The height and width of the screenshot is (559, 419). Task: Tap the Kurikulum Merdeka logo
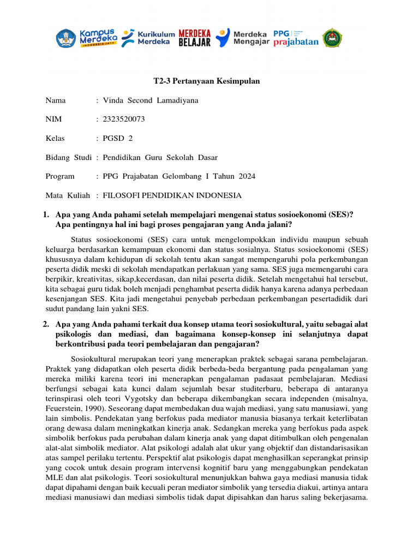(x=147, y=38)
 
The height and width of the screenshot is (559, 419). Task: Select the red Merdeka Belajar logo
(x=194, y=38)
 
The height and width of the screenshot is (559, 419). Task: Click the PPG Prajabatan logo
(x=296, y=38)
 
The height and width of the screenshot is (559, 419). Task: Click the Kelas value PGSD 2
(x=118, y=139)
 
